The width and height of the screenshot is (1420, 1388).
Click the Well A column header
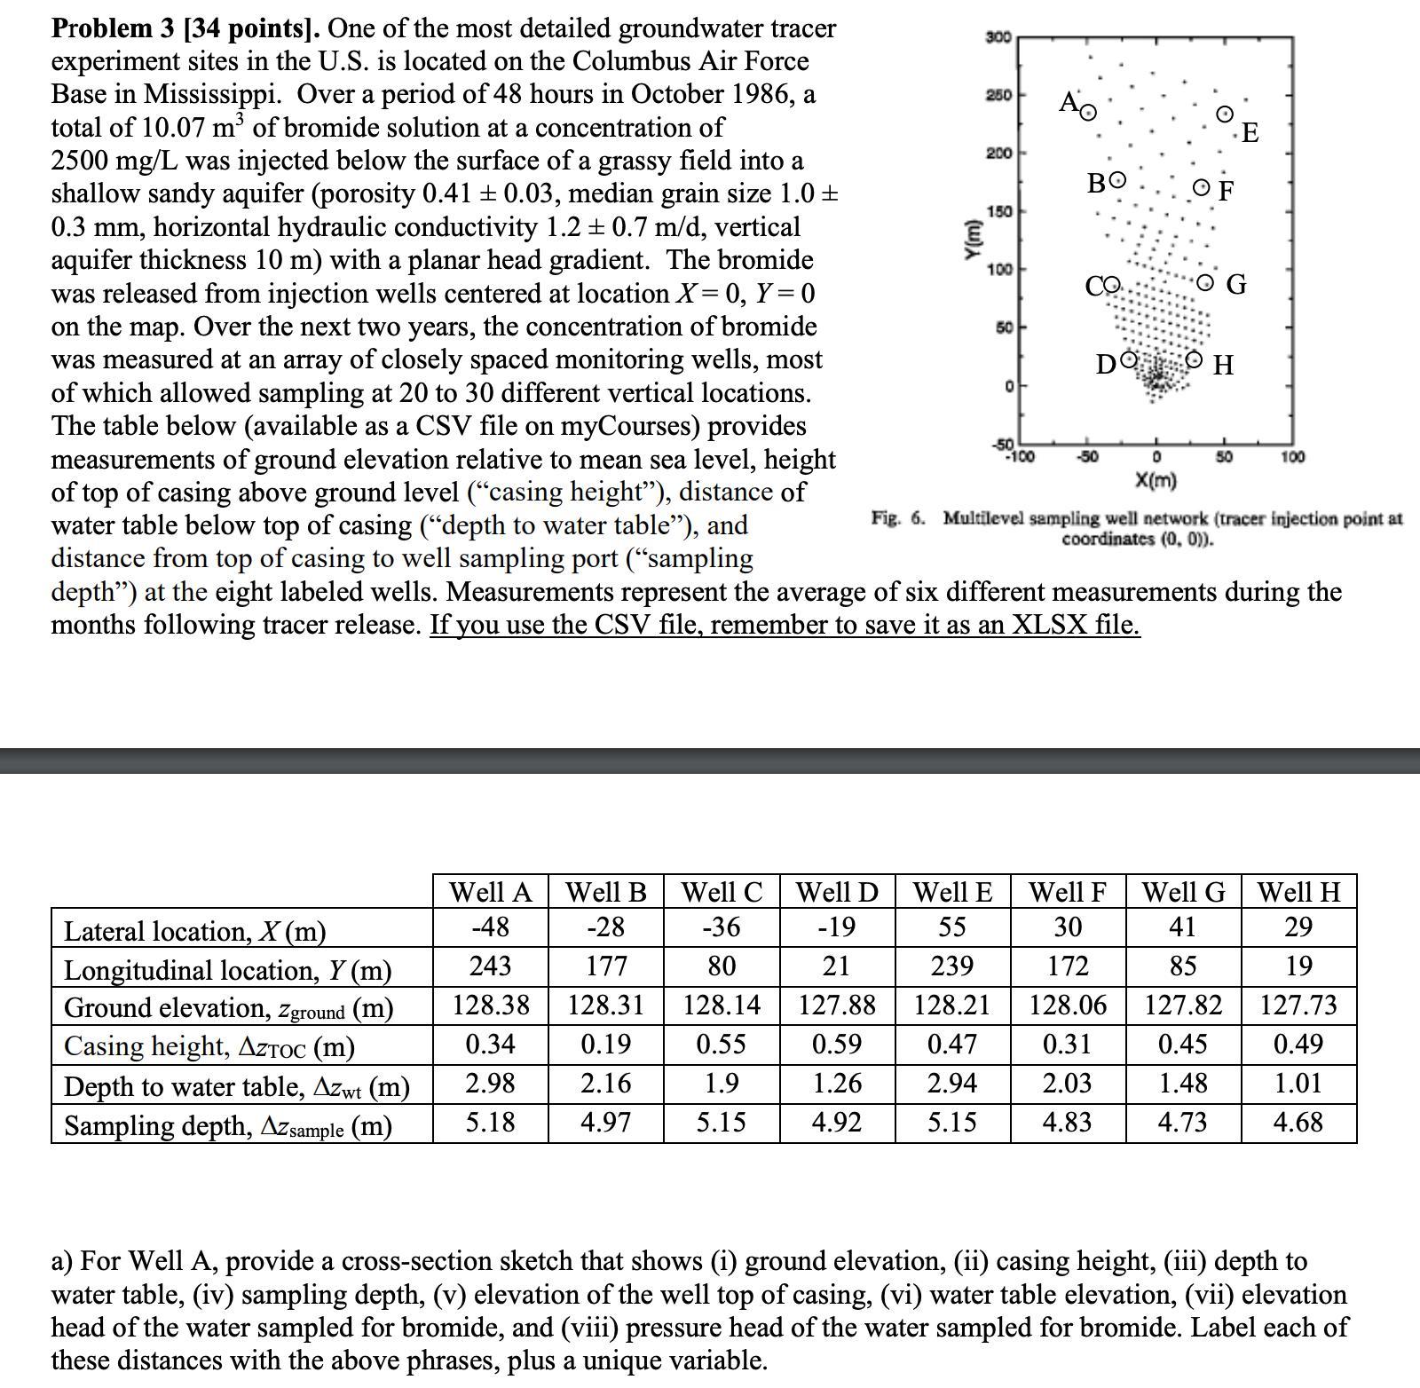pyautogui.click(x=490, y=892)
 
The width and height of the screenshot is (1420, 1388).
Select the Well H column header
pyautogui.click(x=1298, y=892)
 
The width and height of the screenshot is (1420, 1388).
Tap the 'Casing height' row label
pyautogui.click(x=209, y=1046)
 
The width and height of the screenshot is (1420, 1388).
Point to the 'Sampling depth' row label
pyautogui.click(x=227, y=1125)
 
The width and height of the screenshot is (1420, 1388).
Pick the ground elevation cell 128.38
pyautogui.click(x=490, y=1006)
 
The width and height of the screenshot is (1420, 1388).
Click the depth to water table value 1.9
pyautogui.click(x=721, y=1084)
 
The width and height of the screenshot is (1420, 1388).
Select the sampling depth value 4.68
pyautogui.click(x=1298, y=1123)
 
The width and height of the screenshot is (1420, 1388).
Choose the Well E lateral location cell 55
pyautogui.click(x=951, y=927)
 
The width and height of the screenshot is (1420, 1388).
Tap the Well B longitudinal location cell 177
pyautogui.click(x=606, y=966)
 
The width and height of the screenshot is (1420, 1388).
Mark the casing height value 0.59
pyautogui.click(x=836, y=1045)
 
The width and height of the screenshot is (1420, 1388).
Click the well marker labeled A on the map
pyautogui.click(x=1088, y=112)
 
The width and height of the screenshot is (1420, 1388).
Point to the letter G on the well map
pyautogui.click(x=1236, y=285)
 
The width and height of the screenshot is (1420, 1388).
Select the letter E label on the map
pyautogui.click(x=1250, y=133)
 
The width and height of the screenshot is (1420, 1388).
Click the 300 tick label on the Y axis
pyautogui.click(x=998, y=37)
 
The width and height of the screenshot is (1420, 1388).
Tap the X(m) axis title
pyautogui.click(x=1156, y=481)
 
